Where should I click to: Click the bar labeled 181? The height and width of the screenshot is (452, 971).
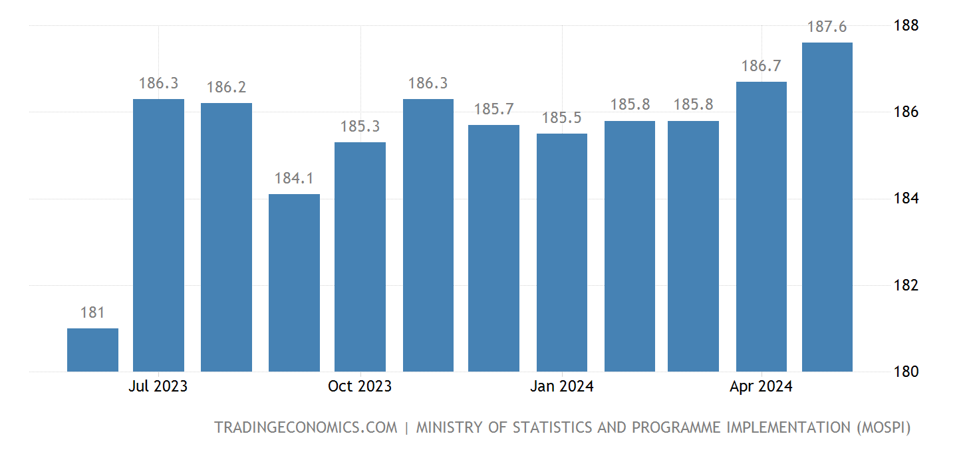click(x=92, y=350)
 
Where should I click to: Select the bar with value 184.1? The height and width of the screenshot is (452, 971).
click(x=294, y=282)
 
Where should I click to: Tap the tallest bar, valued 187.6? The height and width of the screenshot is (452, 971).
click(x=827, y=207)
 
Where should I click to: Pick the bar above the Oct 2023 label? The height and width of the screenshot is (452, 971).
click(x=360, y=257)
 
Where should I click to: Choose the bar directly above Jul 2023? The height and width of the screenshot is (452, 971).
click(x=158, y=235)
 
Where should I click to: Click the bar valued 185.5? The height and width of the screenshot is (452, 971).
click(x=562, y=253)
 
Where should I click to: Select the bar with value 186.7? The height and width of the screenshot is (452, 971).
click(x=762, y=227)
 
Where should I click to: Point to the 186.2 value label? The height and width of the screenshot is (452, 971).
click(x=226, y=88)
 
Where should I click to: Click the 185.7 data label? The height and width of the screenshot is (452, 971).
click(x=494, y=110)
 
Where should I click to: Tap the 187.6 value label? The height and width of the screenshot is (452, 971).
click(x=827, y=27)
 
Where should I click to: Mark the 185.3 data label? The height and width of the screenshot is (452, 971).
click(x=360, y=127)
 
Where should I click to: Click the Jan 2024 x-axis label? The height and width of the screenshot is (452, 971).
click(x=562, y=386)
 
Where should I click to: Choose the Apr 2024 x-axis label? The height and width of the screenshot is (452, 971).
click(x=761, y=386)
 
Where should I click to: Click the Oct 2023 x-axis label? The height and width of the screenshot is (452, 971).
click(x=360, y=386)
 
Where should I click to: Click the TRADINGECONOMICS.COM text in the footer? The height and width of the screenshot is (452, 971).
click(x=305, y=427)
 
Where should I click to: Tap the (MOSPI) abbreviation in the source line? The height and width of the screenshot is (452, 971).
click(x=881, y=427)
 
